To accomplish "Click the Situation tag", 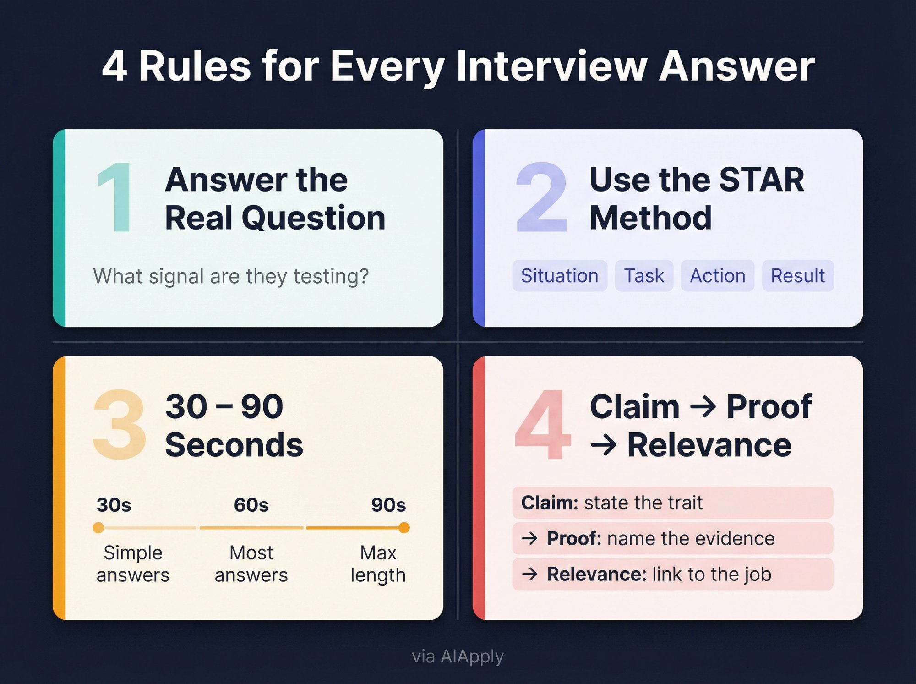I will point(559,276).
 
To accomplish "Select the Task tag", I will point(643,276).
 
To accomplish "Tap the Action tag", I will point(717,276).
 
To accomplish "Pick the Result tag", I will point(797,276).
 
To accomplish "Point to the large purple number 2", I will point(541,198).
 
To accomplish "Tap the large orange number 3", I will point(120,425).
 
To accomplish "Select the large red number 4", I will point(543,425).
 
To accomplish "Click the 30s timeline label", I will point(114,505).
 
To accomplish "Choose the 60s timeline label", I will point(251,505).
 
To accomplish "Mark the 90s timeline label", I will point(388,505).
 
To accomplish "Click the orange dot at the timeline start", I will point(98,528).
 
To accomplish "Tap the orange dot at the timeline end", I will point(404,528).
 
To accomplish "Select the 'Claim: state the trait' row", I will point(672,503).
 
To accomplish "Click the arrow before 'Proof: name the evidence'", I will point(530,538).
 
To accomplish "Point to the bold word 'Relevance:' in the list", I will point(596,574).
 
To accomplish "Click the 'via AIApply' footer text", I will point(458,657).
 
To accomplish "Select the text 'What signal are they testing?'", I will point(231,276).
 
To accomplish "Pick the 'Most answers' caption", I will point(251,564).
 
